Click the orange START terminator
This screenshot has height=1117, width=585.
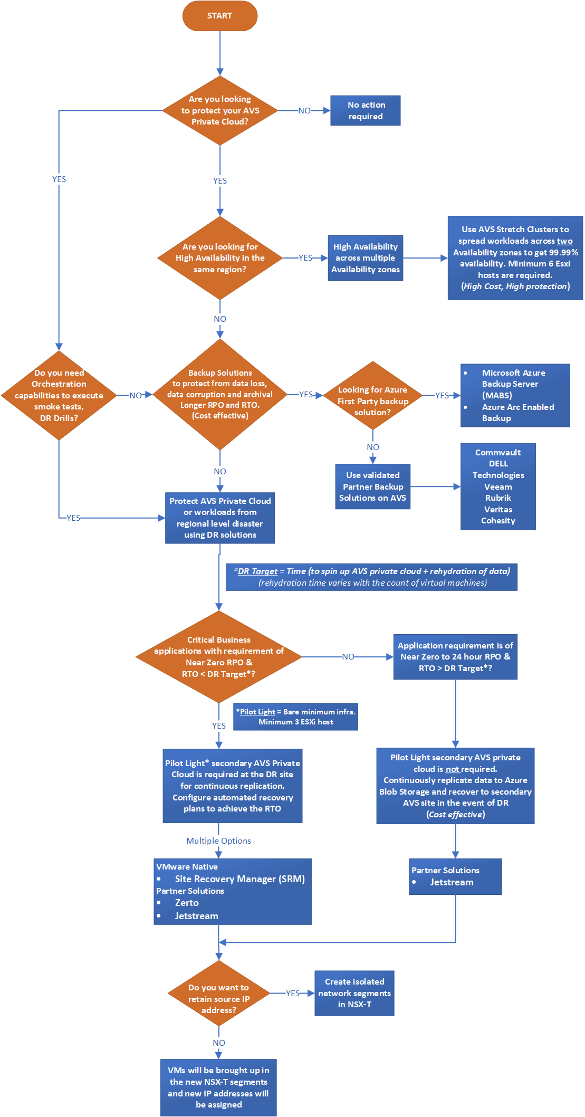pos(219,16)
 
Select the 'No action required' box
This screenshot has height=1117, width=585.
pos(366,111)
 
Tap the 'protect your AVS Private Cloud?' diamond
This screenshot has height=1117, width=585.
pos(220,110)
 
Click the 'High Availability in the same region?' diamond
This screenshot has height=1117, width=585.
pos(220,258)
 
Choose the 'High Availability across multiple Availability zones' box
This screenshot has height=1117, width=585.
pos(366,258)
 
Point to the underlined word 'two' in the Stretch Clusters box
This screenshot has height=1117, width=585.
pos(565,241)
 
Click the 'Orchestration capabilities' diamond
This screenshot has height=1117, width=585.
pos(59,395)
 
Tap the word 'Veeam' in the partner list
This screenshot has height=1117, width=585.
pos(498,487)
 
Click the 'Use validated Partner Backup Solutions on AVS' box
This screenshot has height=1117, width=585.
pos(373,486)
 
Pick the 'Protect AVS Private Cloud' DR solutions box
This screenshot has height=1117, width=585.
pos(220,518)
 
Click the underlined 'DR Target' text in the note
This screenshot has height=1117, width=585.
pos(257,571)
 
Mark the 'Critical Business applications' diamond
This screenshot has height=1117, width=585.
pos(219,657)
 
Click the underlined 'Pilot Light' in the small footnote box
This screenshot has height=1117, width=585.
pos(257,712)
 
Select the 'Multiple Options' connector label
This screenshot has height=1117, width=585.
pos(219,841)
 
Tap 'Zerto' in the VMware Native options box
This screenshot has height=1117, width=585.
pos(187,903)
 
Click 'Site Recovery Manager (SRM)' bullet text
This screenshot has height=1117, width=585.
pos(240,879)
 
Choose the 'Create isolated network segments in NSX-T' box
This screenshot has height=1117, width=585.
pos(354,993)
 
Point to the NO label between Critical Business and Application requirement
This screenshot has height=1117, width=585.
pos(348,657)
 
